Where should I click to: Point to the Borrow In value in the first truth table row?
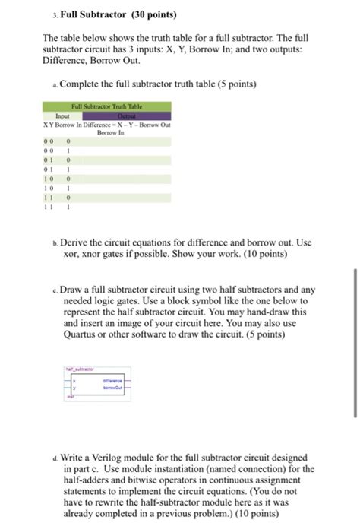pos(68,141)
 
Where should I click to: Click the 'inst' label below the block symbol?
pos(69,396)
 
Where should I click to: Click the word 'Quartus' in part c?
pos(80,332)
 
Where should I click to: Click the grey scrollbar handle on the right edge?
pos(355,342)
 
